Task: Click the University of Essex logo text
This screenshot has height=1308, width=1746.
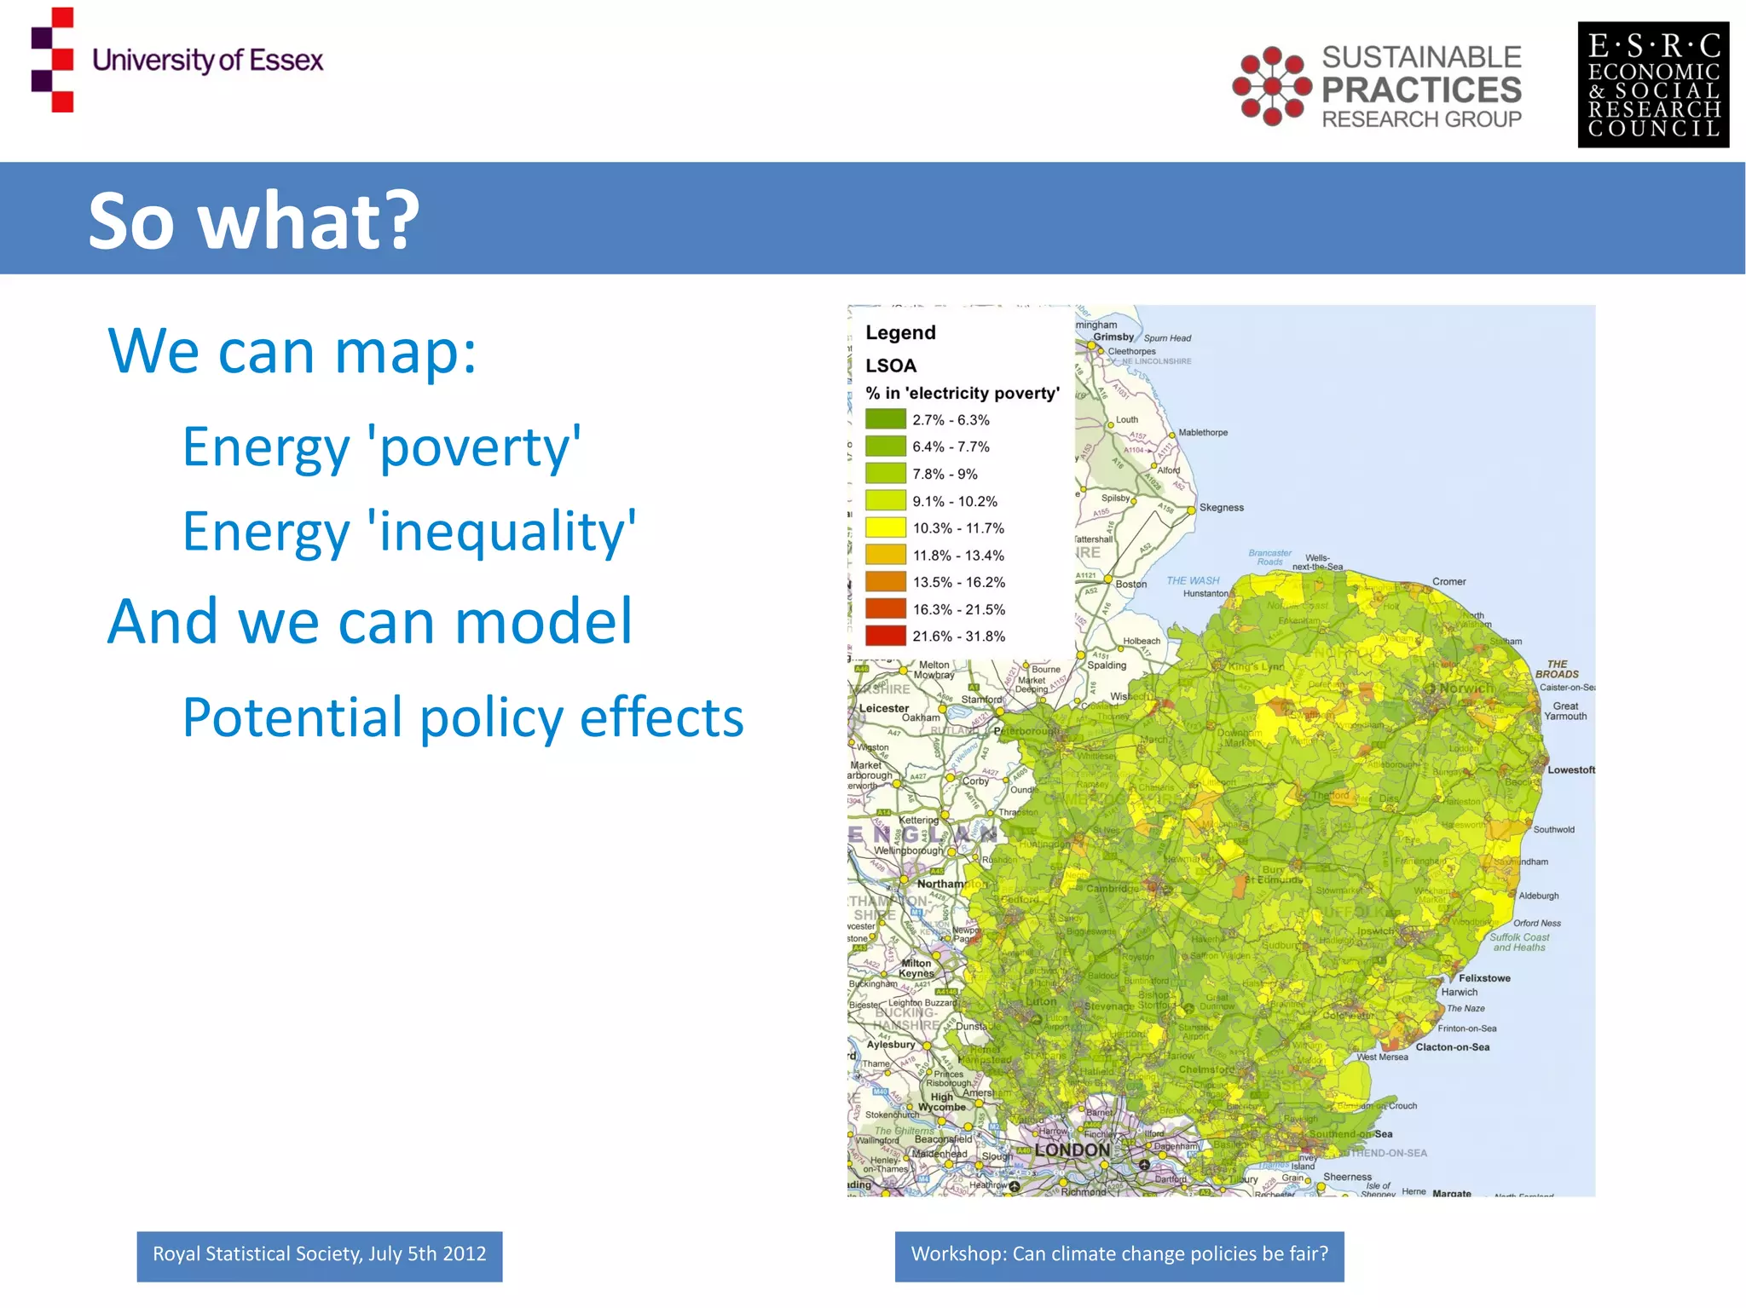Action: point(207,61)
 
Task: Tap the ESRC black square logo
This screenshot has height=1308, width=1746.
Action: point(1652,84)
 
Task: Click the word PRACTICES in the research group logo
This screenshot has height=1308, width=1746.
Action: point(1421,89)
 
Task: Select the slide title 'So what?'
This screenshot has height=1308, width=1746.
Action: point(253,220)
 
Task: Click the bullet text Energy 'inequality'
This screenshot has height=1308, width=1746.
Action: point(408,531)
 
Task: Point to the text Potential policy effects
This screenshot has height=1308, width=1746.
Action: point(462,717)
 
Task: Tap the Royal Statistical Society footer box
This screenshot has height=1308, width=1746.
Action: point(319,1254)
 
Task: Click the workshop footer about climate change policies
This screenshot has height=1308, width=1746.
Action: point(1119,1254)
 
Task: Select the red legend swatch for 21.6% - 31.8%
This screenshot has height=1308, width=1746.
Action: point(885,636)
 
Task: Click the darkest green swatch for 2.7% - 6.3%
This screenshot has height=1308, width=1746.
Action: point(885,419)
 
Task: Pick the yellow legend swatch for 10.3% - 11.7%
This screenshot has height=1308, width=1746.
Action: point(885,527)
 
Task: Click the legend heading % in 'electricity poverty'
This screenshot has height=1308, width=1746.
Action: point(962,393)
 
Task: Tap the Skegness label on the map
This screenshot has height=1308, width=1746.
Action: point(1221,507)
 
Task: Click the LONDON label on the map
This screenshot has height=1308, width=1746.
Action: point(1072,1150)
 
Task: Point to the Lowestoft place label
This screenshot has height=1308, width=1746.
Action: point(1570,769)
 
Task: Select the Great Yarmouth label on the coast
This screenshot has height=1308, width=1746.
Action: point(1565,711)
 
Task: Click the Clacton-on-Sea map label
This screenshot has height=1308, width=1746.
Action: point(1452,1047)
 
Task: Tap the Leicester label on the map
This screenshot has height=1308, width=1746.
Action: point(884,708)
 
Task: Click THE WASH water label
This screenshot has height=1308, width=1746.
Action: point(1192,580)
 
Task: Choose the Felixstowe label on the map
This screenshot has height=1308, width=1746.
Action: point(1483,977)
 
